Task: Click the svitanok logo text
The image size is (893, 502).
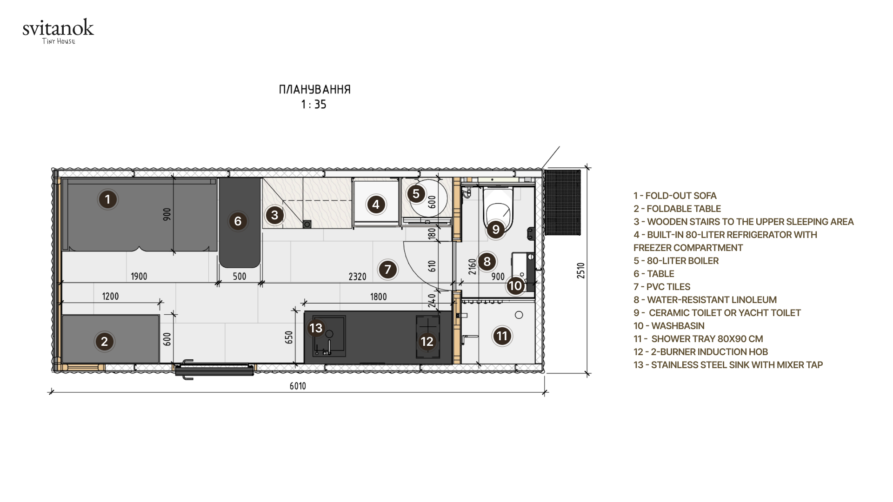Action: point(58,28)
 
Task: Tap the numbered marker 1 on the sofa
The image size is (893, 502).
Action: point(108,199)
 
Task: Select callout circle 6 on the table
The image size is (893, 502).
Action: point(238,221)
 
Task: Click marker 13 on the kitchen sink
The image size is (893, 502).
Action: point(316,328)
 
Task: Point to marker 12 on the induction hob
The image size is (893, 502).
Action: point(427,341)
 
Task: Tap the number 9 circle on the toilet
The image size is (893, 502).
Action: point(496,229)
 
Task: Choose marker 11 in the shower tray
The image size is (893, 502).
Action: point(502,336)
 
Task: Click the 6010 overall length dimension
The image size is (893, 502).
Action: point(298,386)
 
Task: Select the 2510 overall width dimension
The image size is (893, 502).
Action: point(581,271)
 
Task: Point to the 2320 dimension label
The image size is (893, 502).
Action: point(357,277)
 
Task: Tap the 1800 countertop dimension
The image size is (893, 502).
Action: point(378,297)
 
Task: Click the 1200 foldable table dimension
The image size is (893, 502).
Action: point(110,296)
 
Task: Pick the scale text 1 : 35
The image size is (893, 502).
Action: point(314,105)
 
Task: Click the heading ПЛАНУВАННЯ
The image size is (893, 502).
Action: point(315,89)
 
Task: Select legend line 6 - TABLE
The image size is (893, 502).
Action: point(653,274)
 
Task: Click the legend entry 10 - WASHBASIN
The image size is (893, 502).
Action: point(669,326)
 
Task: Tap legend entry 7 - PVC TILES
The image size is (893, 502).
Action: point(662,287)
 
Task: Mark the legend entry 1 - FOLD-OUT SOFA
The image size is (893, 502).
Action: point(675,196)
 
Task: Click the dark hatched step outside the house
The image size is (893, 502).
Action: point(562,203)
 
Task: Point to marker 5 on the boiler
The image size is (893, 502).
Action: point(416,194)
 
